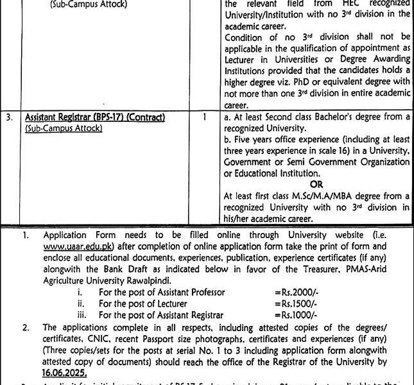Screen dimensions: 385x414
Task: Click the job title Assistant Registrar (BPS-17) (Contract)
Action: (95, 117)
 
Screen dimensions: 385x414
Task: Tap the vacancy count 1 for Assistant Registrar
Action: (203, 117)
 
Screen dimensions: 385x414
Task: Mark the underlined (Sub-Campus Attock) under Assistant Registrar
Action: (64, 128)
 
